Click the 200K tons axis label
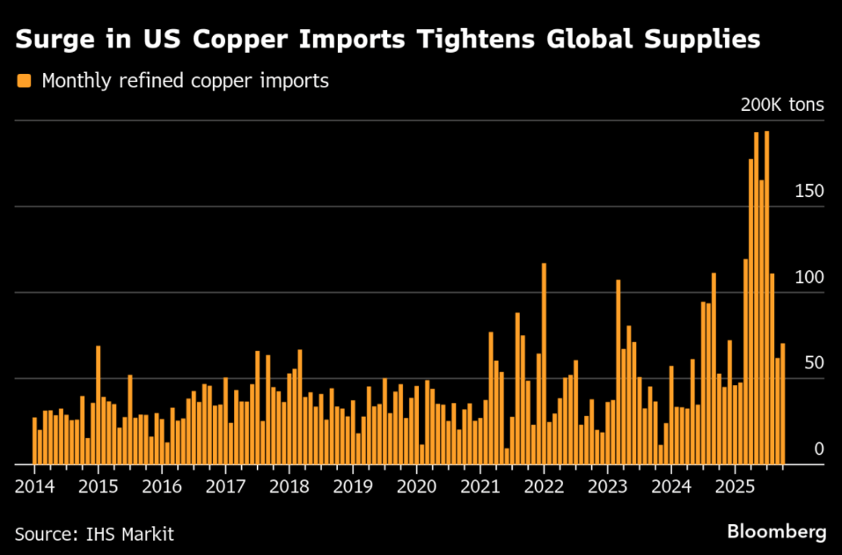tap(781, 105)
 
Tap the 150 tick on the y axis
tap(809, 191)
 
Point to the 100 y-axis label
tap(809, 277)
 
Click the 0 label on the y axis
tap(818, 449)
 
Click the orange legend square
tap(23, 81)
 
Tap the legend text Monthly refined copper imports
tap(185, 81)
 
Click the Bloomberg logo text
tap(776, 531)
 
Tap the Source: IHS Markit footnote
tap(94, 533)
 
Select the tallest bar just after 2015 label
tap(98, 405)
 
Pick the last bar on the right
tap(782, 404)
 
